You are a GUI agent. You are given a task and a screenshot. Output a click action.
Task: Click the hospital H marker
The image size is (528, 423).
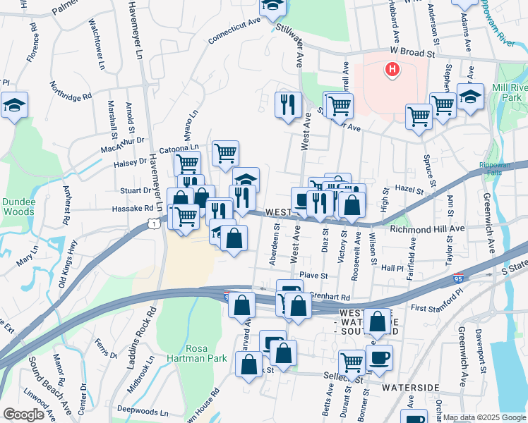click(391, 69)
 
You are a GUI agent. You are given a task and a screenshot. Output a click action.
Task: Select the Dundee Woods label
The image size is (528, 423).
click(18, 206)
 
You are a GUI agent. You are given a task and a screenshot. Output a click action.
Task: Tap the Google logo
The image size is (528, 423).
click(23, 415)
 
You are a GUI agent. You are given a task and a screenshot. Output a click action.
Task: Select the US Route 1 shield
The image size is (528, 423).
click(152, 223)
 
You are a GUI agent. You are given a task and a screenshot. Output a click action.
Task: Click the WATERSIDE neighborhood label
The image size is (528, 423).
click(411, 388)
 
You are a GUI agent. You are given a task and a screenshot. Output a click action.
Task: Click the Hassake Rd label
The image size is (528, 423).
click(133, 209)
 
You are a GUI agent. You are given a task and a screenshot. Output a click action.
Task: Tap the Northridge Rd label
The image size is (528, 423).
click(71, 90)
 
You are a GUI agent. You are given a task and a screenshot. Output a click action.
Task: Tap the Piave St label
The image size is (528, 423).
click(314, 276)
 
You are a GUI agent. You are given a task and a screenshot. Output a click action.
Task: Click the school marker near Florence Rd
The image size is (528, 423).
click(13, 106)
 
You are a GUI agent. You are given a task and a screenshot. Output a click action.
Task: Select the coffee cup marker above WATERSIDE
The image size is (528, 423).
click(379, 357)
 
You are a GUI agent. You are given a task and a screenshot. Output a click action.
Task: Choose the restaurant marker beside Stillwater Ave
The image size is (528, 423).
click(287, 105)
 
